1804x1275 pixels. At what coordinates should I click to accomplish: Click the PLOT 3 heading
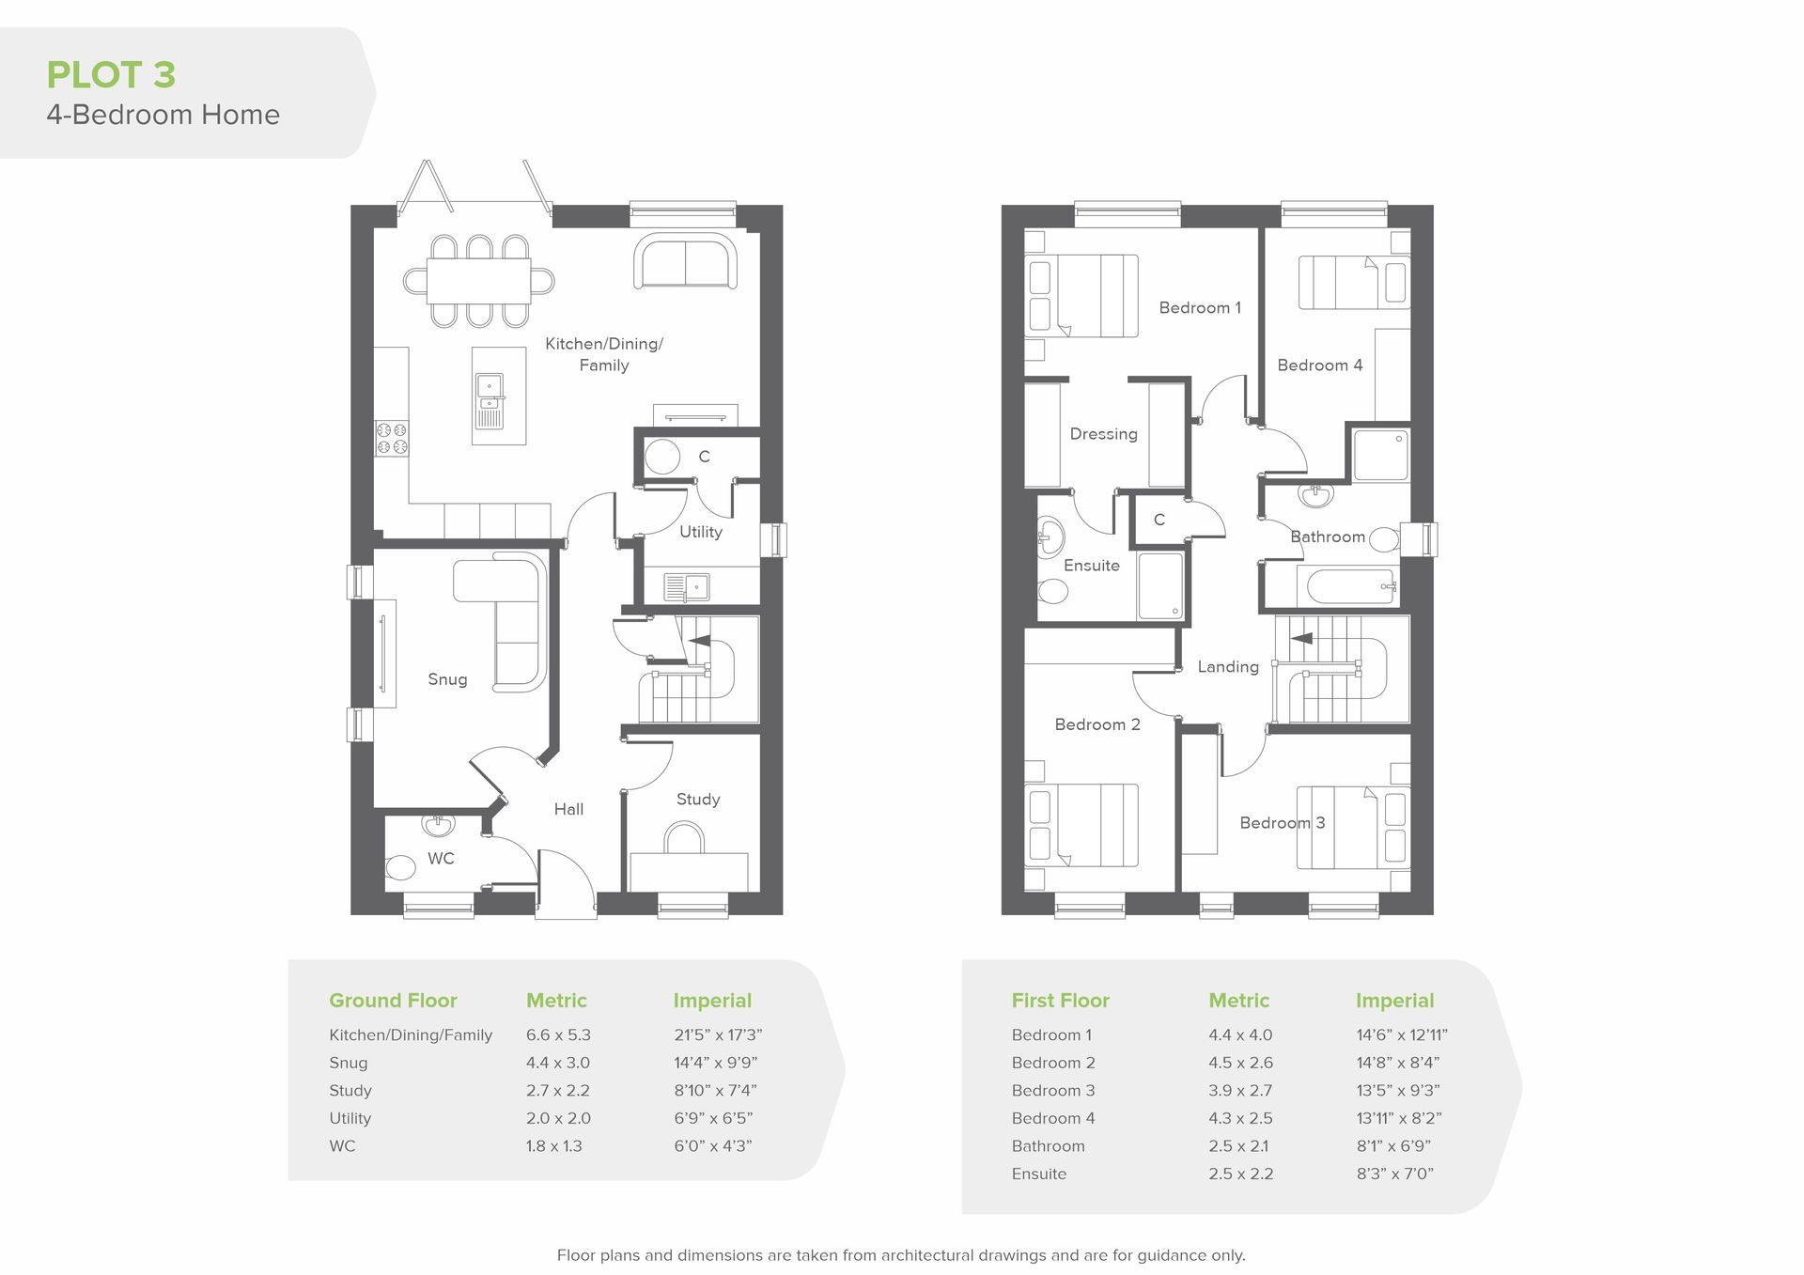tap(111, 75)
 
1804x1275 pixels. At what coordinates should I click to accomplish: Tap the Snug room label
tap(447, 679)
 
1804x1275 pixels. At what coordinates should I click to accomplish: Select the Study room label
tap(698, 800)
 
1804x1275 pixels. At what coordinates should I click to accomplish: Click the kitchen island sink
tap(490, 398)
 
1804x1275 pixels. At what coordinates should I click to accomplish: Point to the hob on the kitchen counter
tap(392, 439)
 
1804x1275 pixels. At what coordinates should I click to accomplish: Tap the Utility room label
tap(701, 532)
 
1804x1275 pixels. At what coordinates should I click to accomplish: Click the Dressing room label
tap(1104, 434)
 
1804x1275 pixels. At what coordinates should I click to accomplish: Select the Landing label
tap(1228, 667)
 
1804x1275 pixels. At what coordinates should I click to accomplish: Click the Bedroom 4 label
tap(1320, 365)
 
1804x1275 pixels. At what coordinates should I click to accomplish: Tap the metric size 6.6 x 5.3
tap(558, 1035)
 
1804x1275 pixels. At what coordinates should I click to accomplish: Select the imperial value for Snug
tap(715, 1063)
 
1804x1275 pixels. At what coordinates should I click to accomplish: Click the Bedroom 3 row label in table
tap(1053, 1091)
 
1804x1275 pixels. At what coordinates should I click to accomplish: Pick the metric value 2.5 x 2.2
tap(1240, 1174)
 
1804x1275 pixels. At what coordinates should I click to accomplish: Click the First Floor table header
tap(1061, 1001)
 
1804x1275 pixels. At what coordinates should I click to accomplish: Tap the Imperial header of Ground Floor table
tap(712, 1002)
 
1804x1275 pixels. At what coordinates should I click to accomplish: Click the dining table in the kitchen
tap(479, 281)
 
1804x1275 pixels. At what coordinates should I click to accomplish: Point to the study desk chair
tap(684, 838)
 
